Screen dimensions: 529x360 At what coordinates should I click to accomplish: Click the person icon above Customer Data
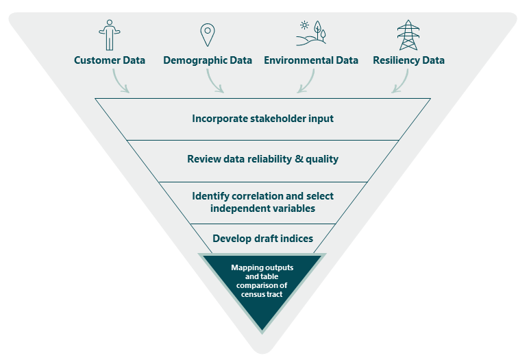(x=110, y=35)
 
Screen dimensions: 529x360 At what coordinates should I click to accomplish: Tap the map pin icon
(x=208, y=35)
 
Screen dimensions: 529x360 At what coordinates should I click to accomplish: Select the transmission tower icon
(x=408, y=35)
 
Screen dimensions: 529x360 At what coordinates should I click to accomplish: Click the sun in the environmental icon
(x=304, y=25)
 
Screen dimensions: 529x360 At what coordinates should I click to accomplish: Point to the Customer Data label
(x=110, y=60)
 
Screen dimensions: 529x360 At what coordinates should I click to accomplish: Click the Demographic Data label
(x=208, y=60)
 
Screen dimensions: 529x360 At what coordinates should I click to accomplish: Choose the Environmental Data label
(x=311, y=60)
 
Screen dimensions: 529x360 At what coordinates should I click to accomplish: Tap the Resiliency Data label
(x=408, y=60)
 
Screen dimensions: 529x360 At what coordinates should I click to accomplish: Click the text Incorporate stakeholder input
(x=263, y=119)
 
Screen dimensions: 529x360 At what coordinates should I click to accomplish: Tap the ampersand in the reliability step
(x=299, y=158)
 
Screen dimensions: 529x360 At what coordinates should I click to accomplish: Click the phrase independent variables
(x=263, y=208)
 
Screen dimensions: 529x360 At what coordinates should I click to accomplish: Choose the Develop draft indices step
(x=263, y=239)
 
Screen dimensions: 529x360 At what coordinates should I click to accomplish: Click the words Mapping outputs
(x=262, y=267)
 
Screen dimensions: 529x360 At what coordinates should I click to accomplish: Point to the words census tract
(x=262, y=294)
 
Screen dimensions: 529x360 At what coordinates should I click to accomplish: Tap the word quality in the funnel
(x=322, y=159)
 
